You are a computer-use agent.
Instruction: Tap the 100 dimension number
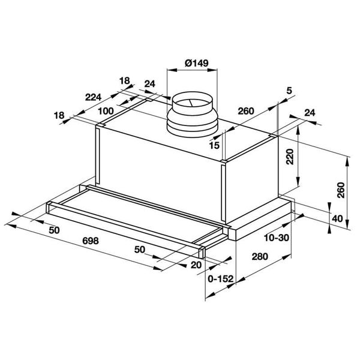[106, 111]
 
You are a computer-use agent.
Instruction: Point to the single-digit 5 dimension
[289, 91]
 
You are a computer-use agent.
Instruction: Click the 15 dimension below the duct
[214, 145]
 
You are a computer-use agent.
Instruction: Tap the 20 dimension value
[196, 265]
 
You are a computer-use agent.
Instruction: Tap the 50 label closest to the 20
[139, 249]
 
